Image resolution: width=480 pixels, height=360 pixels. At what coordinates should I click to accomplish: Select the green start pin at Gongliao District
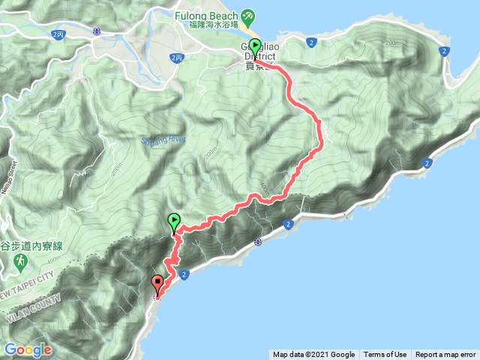click(x=255, y=46)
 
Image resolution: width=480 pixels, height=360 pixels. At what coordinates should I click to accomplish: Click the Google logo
click(x=27, y=349)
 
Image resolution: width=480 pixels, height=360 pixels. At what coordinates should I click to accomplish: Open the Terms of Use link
click(x=385, y=355)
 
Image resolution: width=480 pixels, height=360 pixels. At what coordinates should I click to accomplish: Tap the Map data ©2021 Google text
click(x=313, y=355)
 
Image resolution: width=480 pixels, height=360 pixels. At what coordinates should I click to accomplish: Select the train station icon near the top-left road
click(x=97, y=31)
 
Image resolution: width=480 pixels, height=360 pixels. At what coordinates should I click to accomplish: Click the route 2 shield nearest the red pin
click(x=184, y=276)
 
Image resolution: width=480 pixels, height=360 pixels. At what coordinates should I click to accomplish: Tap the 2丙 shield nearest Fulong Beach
click(x=177, y=57)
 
